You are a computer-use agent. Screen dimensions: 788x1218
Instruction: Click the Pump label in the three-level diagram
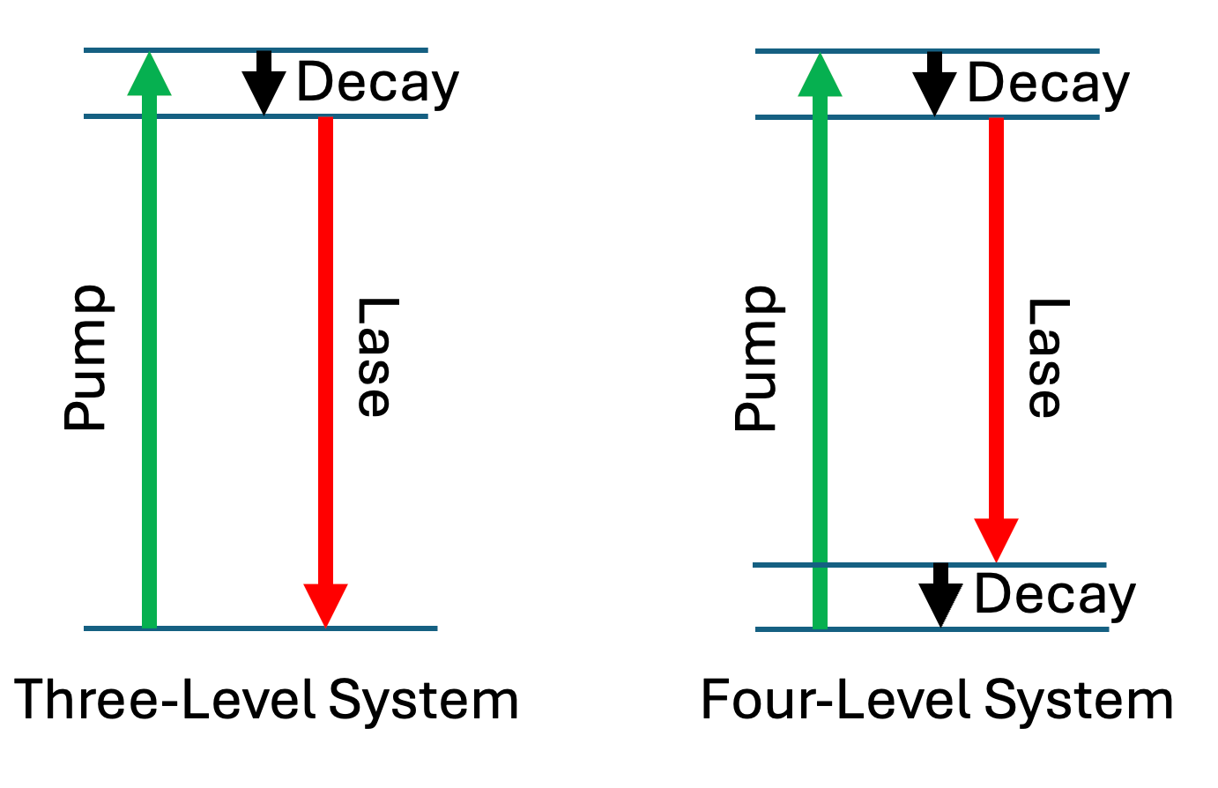pos(85,358)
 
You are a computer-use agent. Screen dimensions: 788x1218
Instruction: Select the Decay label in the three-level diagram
pos(377,84)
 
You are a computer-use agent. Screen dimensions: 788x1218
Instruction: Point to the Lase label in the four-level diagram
pos(1046,357)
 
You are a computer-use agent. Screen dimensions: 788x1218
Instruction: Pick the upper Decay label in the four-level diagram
pos(1048,84)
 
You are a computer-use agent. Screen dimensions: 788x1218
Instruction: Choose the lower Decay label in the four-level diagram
pos(1055,595)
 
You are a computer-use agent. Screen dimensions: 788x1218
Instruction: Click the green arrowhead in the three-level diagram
pos(149,74)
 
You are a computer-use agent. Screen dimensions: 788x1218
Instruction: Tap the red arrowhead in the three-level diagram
pos(325,605)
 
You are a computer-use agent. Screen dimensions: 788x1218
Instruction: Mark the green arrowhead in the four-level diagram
pos(820,74)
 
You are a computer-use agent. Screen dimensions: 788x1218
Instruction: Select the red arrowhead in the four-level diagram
pos(996,539)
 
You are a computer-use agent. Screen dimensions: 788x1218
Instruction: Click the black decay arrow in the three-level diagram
pos(264,84)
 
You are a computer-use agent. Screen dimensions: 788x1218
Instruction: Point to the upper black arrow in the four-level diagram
pos(934,84)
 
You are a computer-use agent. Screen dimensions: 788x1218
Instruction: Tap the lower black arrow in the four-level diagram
pos(940,595)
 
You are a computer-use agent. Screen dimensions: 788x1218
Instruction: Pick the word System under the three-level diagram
pos(424,701)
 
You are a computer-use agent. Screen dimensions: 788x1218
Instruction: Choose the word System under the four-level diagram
pos(1078,701)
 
